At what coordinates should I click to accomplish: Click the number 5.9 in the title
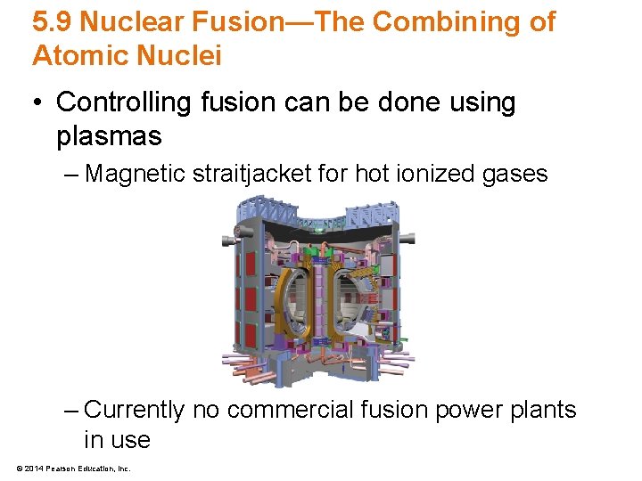(52, 22)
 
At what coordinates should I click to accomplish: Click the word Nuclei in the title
(178, 56)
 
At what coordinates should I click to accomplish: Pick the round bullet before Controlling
(40, 103)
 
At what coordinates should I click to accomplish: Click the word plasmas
(109, 136)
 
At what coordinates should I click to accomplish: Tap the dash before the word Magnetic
(72, 175)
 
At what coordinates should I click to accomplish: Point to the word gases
(517, 175)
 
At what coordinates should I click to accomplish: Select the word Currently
(134, 411)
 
